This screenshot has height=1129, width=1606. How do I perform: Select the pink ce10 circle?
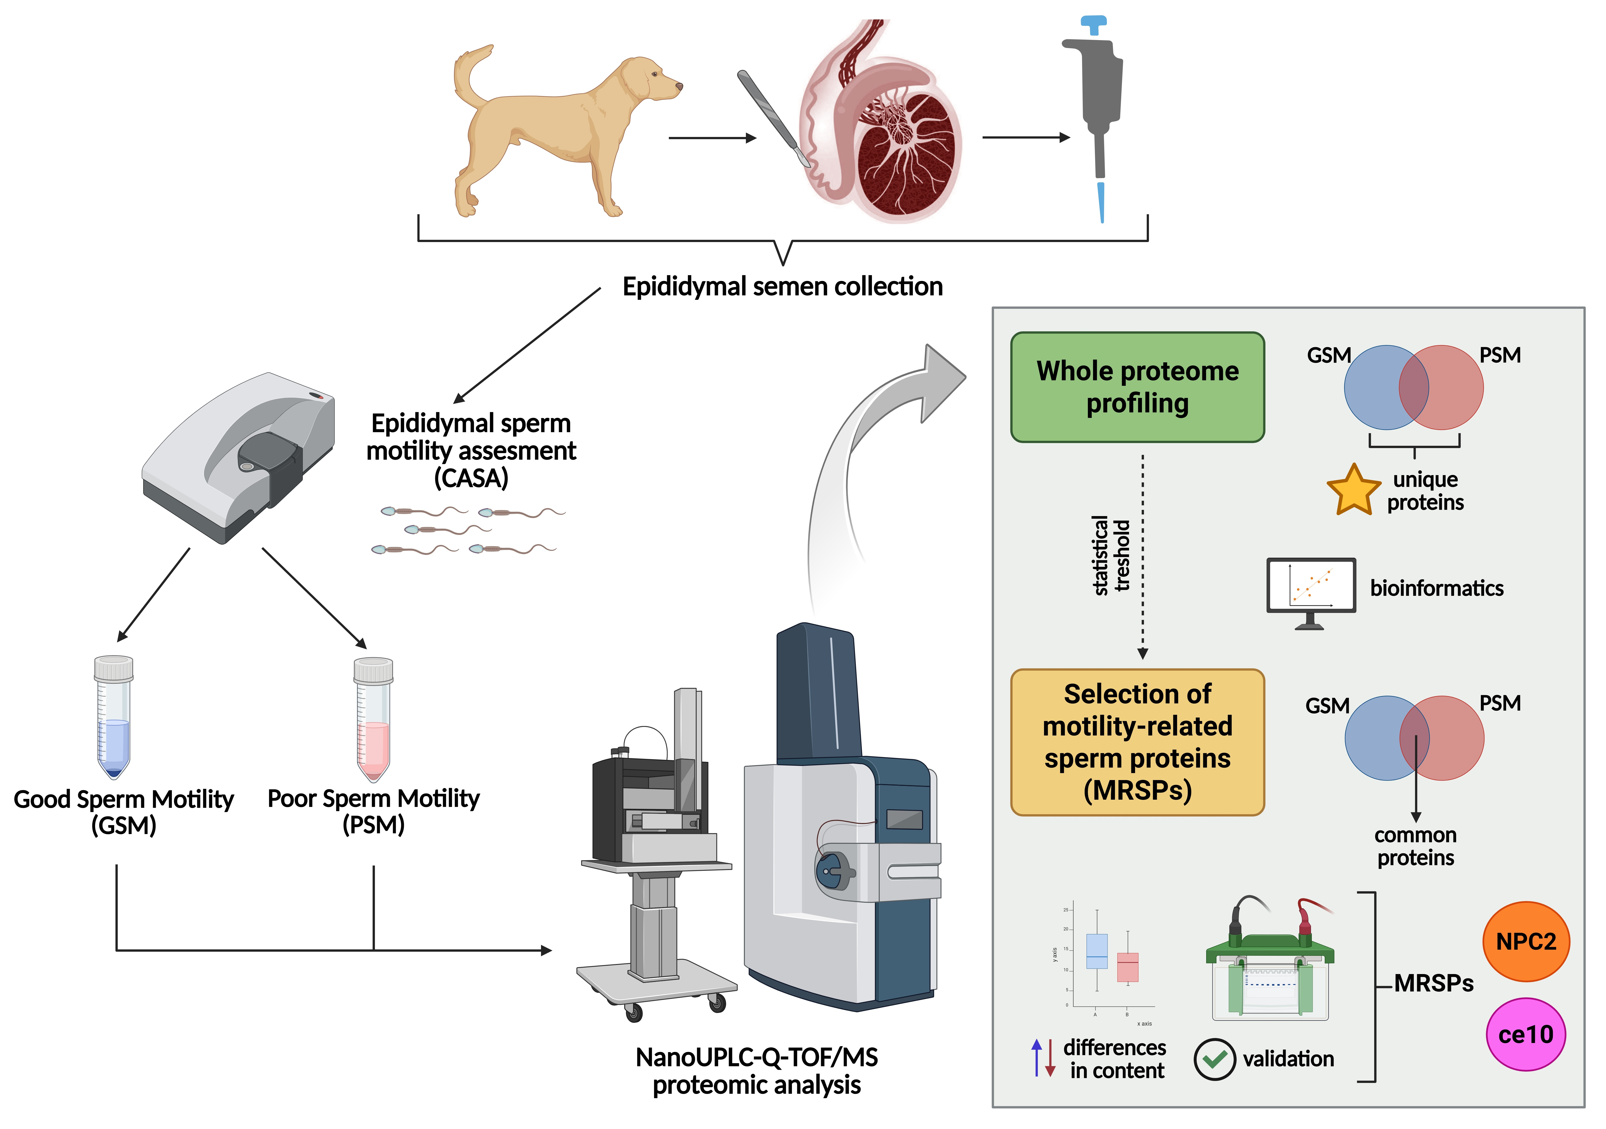[1525, 1034]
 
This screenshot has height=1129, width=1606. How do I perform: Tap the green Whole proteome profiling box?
[1137, 387]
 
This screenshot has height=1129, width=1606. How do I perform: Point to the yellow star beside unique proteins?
[1353, 491]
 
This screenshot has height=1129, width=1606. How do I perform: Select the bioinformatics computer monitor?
[1311, 588]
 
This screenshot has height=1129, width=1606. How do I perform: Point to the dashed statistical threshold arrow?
[1142, 556]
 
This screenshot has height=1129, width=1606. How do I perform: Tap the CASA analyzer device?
[238, 455]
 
